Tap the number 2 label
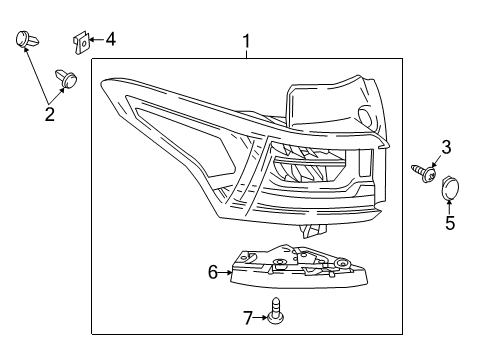point(49,115)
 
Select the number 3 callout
point(446,147)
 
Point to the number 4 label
point(110,40)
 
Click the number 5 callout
point(450,222)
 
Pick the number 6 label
point(212,271)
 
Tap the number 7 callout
point(247,318)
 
